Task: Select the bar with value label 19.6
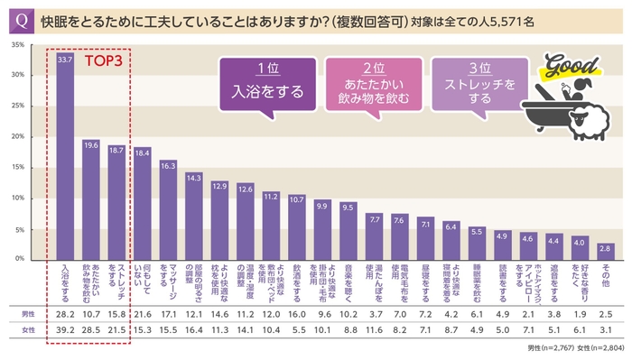click(90, 203)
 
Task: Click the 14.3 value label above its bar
click(194, 178)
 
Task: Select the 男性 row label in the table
click(28, 313)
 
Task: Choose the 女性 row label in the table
click(28, 331)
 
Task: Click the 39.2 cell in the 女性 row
click(65, 331)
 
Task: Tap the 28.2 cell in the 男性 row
click(65, 313)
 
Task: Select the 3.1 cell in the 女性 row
click(605, 331)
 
